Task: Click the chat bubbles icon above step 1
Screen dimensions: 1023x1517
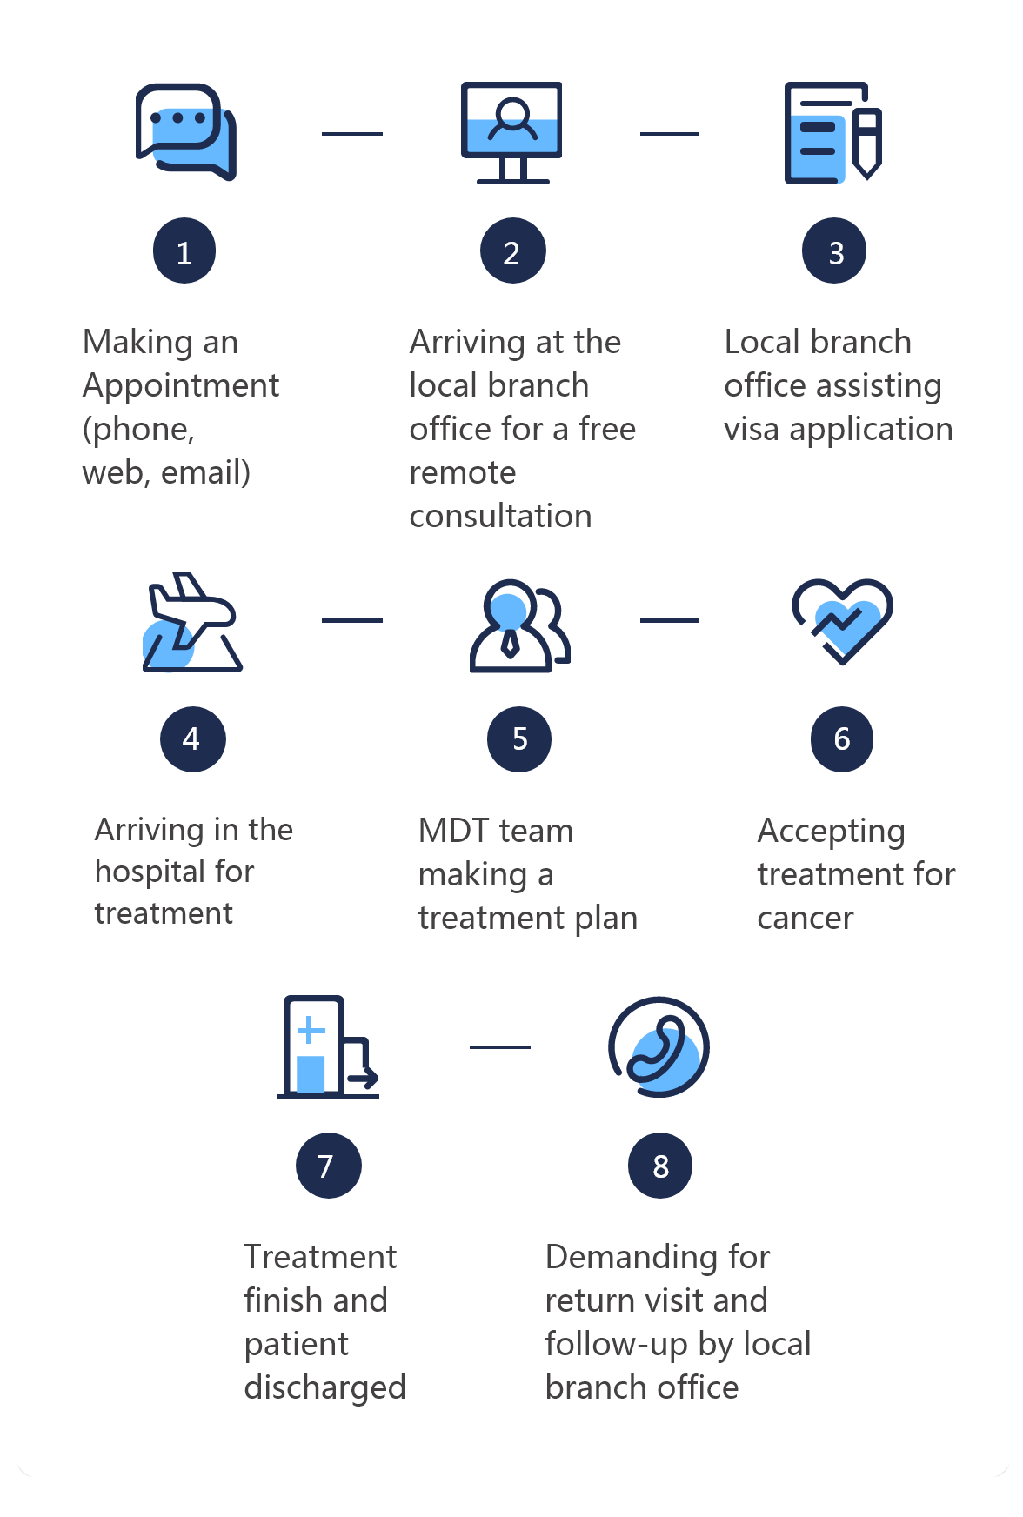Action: (185, 132)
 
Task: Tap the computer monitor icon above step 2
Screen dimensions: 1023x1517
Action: (512, 132)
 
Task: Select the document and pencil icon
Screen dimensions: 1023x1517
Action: (833, 132)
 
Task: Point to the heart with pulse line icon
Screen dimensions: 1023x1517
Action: (842, 621)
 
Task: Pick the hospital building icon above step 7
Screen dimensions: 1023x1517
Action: (328, 1047)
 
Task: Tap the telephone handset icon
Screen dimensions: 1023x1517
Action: (659, 1047)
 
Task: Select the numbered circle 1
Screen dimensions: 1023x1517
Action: (184, 251)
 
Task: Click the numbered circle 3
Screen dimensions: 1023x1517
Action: (834, 251)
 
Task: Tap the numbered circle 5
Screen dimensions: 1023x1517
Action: (519, 739)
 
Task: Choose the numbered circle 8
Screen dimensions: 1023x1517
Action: (660, 1166)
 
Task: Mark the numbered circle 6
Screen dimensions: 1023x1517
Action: (842, 739)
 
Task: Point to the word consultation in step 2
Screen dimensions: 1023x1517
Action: (500, 517)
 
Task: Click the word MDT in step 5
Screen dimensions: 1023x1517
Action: (453, 831)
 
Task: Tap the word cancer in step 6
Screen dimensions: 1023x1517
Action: (806, 919)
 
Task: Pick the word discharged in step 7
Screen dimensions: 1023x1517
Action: (325, 1388)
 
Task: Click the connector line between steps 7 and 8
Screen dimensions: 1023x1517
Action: (500, 1047)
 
